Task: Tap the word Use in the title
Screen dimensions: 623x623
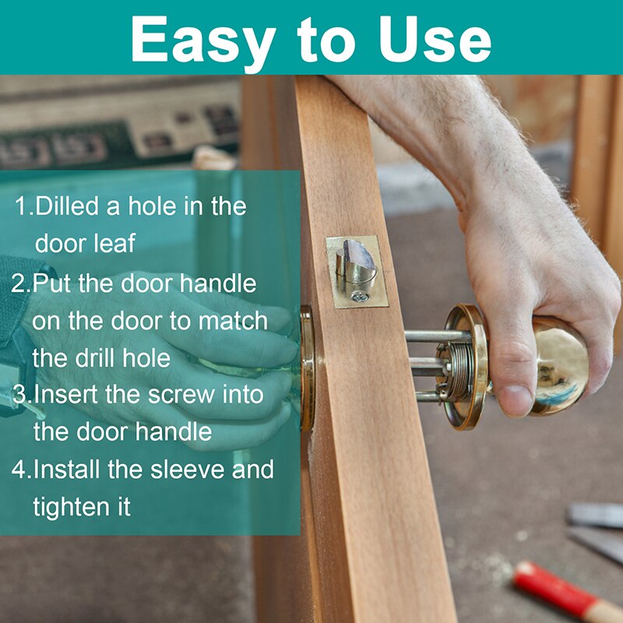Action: pos(435,39)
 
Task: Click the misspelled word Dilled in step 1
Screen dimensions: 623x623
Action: pos(67,206)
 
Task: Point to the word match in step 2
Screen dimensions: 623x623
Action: pos(233,320)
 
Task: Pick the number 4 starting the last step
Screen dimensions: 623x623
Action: pos(18,470)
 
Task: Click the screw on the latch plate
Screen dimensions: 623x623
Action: pos(361,296)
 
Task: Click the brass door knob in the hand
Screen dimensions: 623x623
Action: pos(558,365)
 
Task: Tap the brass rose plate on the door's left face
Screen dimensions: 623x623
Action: pos(306,368)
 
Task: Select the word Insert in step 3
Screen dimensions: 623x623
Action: pos(67,394)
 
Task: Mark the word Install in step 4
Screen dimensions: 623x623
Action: pos(66,469)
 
